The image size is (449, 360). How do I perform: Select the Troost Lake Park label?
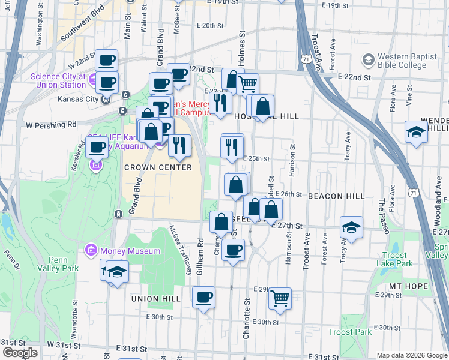pos(396,259)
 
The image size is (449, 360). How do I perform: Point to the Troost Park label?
pos(350,332)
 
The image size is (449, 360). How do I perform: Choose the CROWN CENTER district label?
pos(158,167)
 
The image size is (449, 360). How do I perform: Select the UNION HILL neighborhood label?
pos(155,298)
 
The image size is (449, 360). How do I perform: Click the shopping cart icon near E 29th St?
pos(280,298)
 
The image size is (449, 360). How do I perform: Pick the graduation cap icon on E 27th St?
pos(351,227)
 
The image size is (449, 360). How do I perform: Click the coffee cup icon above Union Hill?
pos(204,296)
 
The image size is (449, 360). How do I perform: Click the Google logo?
pos(20,353)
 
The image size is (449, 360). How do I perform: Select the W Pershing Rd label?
pos(52,124)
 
